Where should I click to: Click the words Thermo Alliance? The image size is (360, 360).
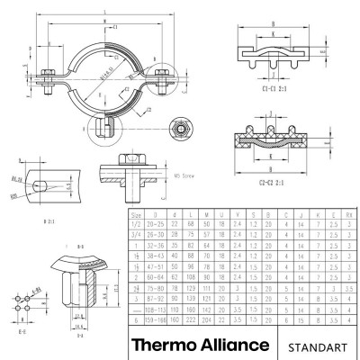200,346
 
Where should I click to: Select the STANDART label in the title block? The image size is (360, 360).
312,346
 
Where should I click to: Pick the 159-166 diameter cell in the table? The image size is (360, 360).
158,318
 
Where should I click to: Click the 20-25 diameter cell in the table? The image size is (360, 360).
158,224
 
